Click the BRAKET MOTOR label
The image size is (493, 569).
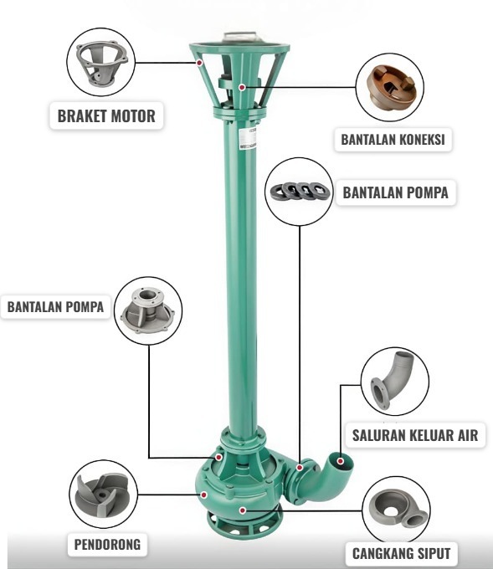click(x=106, y=116)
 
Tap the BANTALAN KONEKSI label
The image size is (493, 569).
click(x=393, y=140)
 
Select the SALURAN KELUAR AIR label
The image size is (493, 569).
click(x=415, y=435)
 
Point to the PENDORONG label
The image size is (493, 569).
click(x=107, y=545)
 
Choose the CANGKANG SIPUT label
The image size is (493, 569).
click(x=401, y=553)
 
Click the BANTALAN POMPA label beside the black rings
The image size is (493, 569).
click(x=395, y=192)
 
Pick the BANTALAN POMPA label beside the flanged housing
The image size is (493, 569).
click(x=55, y=307)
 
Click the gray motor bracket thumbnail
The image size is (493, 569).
click(x=101, y=63)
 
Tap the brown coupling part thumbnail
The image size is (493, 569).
click(x=389, y=87)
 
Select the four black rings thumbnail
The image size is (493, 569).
click(x=300, y=191)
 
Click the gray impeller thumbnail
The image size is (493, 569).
click(x=101, y=495)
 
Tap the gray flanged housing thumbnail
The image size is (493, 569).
click(x=148, y=310)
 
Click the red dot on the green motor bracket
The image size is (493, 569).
click(x=199, y=63)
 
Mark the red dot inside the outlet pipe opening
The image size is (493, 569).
click(x=340, y=461)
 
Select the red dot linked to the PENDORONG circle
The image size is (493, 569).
click(x=204, y=495)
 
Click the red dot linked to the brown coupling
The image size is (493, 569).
click(x=242, y=87)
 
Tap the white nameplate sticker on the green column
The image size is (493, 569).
click(x=248, y=138)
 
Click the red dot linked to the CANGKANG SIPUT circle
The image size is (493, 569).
click(x=243, y=510)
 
